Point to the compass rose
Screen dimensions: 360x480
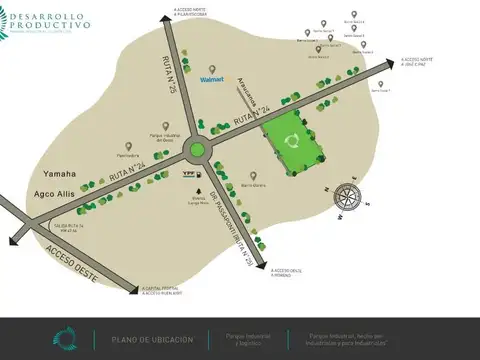[x=346, y=197]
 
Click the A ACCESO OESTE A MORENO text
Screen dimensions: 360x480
[x=279, y=272]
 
